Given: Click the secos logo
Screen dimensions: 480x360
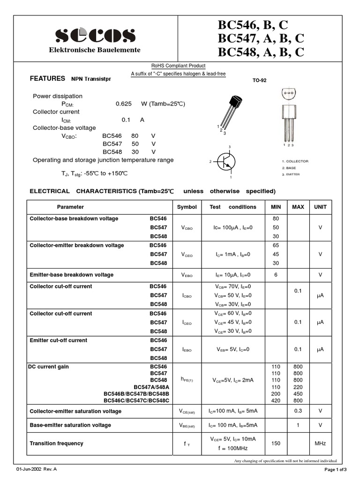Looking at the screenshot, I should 96,36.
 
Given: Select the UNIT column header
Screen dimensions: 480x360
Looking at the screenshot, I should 320,207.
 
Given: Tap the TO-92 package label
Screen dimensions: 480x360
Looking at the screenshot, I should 259,80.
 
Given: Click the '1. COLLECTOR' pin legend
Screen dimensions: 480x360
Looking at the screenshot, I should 295,161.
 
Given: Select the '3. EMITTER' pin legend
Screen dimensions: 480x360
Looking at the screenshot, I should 291,174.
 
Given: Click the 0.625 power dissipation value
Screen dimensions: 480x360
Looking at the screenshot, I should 124,104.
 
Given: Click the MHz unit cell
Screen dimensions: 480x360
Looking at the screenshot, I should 320,443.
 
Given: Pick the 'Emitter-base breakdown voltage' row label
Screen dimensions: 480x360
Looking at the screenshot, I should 72,275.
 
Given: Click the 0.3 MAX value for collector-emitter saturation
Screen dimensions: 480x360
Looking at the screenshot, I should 298,411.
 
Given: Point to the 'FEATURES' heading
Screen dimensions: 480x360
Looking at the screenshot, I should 47,79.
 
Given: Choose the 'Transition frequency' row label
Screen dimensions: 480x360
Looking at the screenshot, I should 56,443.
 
